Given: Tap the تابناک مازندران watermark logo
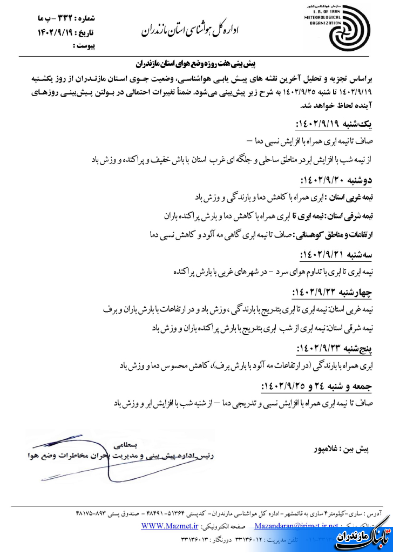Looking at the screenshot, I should [361, 534].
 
